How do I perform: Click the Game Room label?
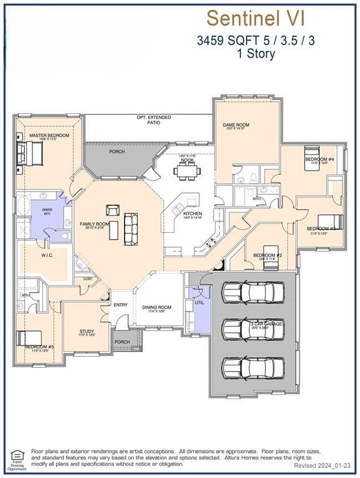point(236,125)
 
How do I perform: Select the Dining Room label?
point(156,307)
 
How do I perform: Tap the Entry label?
point(120,304)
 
